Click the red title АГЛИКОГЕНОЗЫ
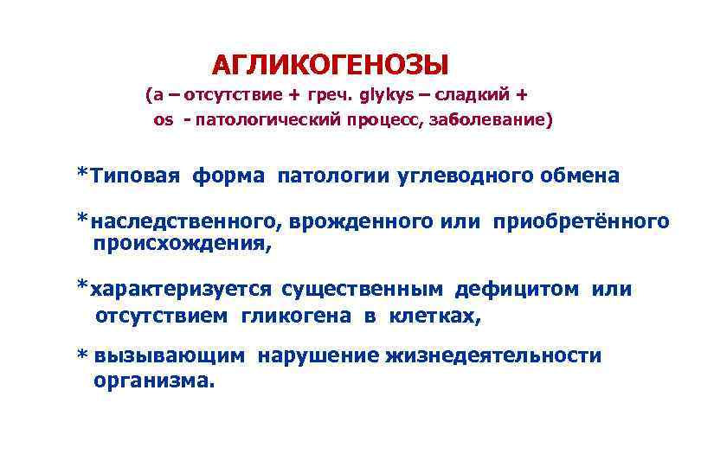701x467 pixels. (331, 65)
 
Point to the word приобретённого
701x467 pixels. (581, 222)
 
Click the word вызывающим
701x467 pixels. (169, 355)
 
